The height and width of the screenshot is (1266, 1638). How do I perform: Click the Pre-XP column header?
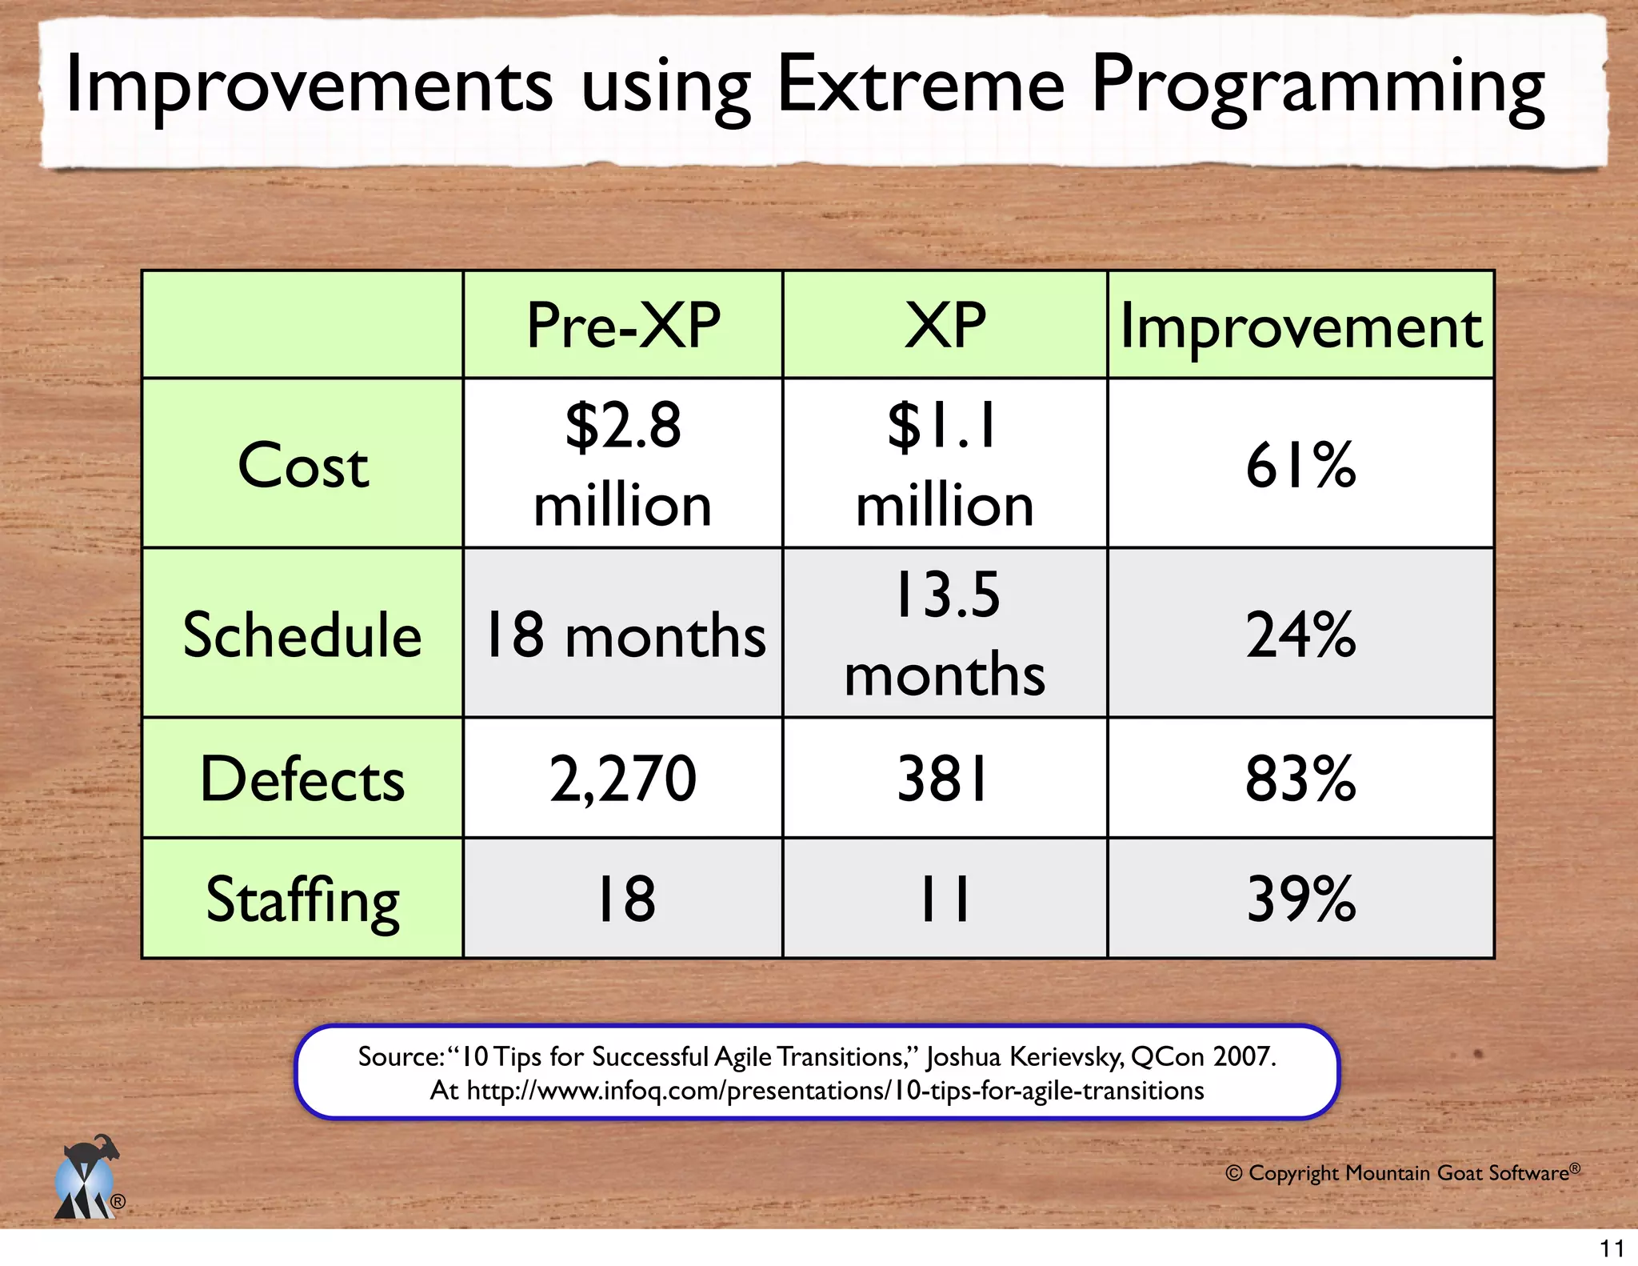tap(623, 326)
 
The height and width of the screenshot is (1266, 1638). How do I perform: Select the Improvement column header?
tap(1300, 326)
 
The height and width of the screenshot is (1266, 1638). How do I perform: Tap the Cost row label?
tap(303, 465)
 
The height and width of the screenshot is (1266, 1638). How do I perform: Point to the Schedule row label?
tap(302, 635)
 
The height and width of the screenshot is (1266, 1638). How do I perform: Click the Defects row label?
tap(302, 779)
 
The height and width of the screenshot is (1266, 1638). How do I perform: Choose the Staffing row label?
tap(302, 899)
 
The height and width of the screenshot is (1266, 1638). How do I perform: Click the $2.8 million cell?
tap(623, 464)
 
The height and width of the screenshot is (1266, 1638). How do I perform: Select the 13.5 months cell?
tap(945, 634)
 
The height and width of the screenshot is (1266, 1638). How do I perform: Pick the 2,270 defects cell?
tap(623, 779)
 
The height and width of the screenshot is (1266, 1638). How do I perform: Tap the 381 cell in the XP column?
tap(945, 779)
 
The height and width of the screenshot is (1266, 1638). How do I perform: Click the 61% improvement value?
tap(1300, 465)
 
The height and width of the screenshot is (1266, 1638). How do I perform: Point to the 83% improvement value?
tap(1300, 779)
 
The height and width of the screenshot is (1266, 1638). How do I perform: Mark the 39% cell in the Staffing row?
tap(1300, 899)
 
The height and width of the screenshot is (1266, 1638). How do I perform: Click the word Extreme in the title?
tap(921, 84)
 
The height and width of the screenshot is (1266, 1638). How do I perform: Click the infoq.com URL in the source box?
tap(835, 1091)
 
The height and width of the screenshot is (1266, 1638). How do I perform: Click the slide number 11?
tap(1612, 1248)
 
